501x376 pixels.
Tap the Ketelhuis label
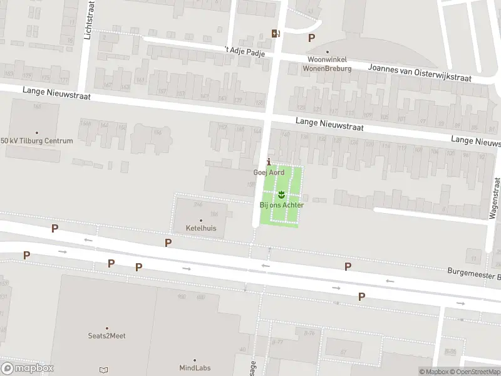point(201,228)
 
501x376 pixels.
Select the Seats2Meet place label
point(106,336)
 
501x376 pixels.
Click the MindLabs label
point(194,368)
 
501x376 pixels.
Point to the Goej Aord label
point(269,172)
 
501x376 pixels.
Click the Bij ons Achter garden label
point(282,205)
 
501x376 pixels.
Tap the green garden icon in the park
point(281,194)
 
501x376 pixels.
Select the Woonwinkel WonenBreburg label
point(327,64)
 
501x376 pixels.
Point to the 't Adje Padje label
point(245,51)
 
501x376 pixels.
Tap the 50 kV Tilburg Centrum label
point(37,141)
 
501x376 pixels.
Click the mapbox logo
point(27,368)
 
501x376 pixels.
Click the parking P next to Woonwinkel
point(311,38)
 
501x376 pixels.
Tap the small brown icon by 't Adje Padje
point(275,33)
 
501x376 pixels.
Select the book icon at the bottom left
point(103,370)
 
